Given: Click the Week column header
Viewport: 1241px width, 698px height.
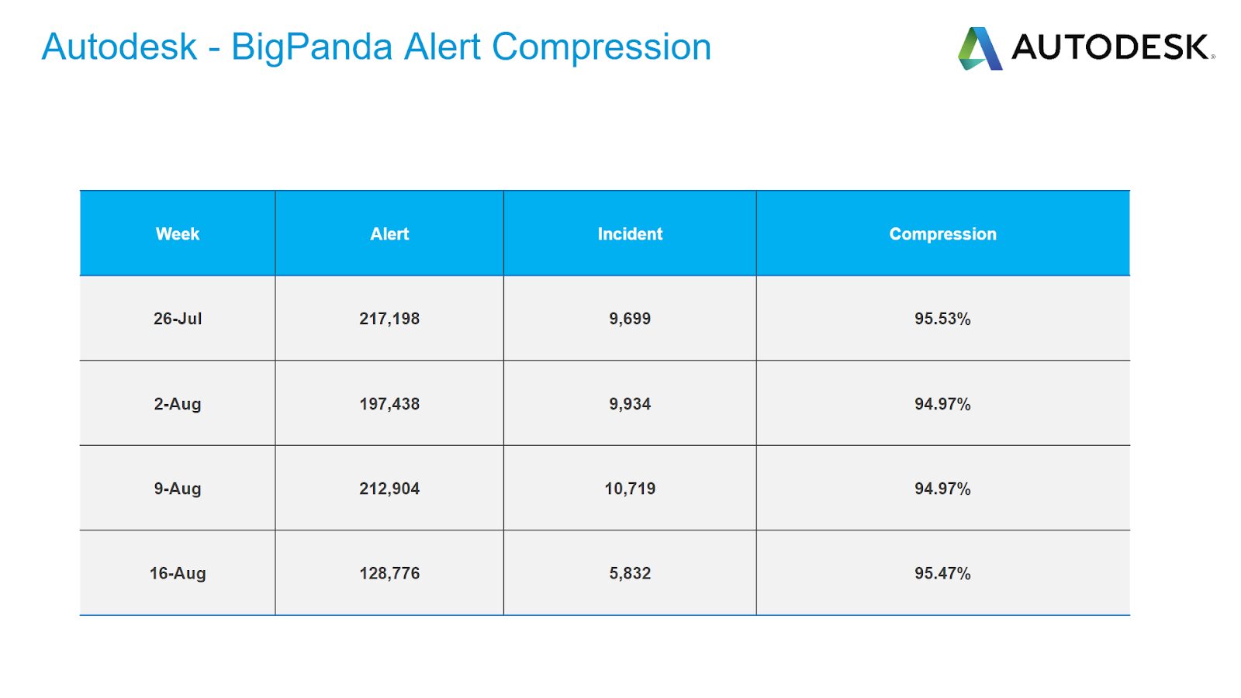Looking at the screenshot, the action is coord(178,233).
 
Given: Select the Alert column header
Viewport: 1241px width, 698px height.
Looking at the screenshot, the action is coord(389,233).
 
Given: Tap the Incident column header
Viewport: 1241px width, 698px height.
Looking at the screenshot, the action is coord(630,233).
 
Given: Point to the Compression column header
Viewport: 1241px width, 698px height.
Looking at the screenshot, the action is coord(943,234).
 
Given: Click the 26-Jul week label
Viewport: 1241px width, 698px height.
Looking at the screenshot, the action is coord(178,319).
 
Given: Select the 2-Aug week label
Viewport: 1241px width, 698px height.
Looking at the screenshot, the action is coord(178,404).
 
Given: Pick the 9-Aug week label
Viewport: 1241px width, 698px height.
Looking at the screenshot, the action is coord(178,489).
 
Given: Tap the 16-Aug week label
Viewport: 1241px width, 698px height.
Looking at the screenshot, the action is coord(178,573).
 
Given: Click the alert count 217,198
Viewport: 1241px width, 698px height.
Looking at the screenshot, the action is coord(389,319).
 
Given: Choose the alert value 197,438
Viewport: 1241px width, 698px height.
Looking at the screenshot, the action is coord(389,404).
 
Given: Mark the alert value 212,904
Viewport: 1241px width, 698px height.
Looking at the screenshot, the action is coord(389,489).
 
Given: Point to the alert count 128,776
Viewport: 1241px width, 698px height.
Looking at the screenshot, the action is coord(389,573).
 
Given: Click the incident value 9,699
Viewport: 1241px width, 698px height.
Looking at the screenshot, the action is coord(630,319).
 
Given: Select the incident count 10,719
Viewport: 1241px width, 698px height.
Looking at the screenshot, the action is coord(630,489).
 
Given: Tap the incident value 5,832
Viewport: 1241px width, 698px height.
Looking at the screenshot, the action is coord(630,573).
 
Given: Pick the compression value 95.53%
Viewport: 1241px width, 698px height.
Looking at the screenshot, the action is coord(942,319).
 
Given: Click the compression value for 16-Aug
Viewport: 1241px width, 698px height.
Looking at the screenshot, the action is coord(942,573).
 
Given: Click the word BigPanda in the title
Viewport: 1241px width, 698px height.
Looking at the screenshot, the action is coord(311,47).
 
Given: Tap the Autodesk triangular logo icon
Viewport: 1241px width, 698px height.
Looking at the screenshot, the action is coord(980,49).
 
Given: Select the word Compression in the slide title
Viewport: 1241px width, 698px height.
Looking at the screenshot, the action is coord(602,48).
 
